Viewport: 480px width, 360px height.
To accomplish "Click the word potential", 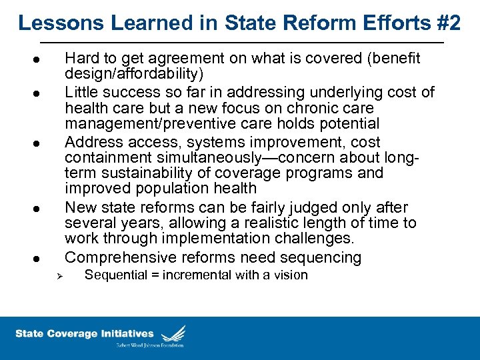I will point(347,123).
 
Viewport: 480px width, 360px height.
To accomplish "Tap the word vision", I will point(291,275).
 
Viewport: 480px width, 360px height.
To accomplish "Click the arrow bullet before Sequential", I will point(58,276).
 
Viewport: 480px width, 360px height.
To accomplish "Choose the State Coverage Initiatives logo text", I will point(84,333).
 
